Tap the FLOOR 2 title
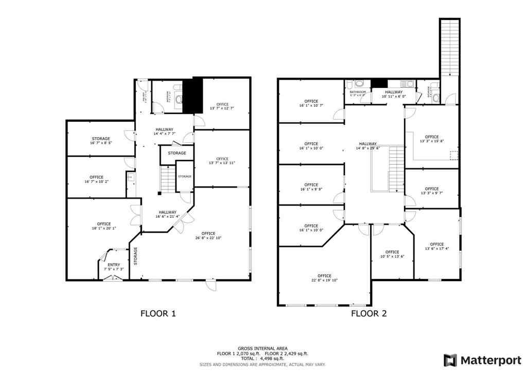coord(368,313)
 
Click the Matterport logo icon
coord(450,359)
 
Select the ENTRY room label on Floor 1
coord(114,265)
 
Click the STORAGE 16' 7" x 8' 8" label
coord(101,141)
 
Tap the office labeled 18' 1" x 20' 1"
coord(104,226)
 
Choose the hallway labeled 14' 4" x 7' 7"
coord(164,131)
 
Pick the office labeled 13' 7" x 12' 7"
coord(222,106)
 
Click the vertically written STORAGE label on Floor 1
coord(136,256)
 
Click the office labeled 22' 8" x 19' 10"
coord(324,278)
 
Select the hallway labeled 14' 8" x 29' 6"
coord(368,146)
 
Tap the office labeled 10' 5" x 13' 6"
coord(392,254)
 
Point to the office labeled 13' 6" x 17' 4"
coord(436,246)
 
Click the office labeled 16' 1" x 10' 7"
coord(311,103)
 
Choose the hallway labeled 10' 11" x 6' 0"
coord(393,94)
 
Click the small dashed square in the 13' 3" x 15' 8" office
coord(453,155)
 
